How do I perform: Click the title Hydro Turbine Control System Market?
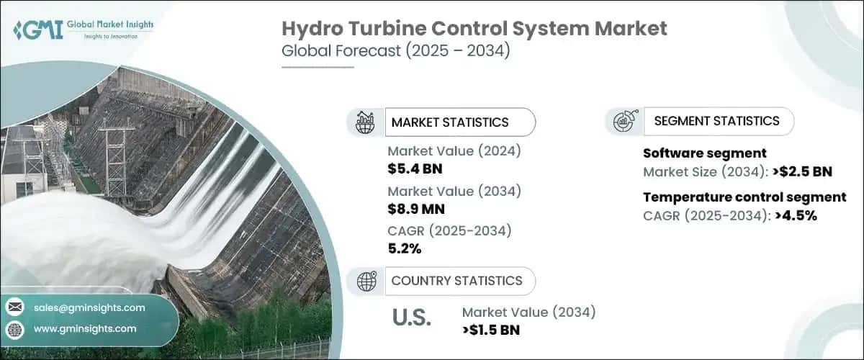click(474, 29)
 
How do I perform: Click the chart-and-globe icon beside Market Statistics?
click(366, 122)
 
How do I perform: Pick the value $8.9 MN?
click(416, 210)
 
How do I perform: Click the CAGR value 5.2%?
click(405, 249)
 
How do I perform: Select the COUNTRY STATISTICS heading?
click(456, 281)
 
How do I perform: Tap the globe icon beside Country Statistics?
click(366, 282)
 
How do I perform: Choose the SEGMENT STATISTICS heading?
click(716, 121)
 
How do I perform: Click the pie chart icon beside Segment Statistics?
click(624, 122)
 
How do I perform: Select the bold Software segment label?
click(704, 153)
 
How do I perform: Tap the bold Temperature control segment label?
click(744, 197)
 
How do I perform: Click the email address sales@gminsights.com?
click(89, 307)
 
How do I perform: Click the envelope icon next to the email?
click(15, 307)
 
